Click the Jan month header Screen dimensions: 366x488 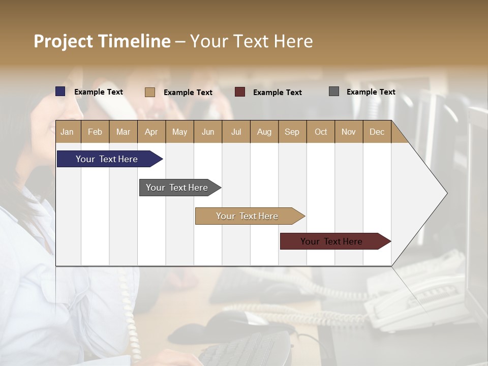[x=67, y=132]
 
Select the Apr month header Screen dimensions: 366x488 [x=151, y=132]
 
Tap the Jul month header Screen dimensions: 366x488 [x=236, y=132]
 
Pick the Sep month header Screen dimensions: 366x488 [x=292, y=132]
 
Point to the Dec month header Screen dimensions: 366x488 [x=377, y=132]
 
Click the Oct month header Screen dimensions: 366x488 [x=321, y=132]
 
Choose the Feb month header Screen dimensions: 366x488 [x=95, y=132]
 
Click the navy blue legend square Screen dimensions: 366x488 [x=60, y=91]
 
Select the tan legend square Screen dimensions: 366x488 [x=150, y=92]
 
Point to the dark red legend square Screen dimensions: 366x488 [x=240, y=92]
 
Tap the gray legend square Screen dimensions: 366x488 [x=334, y=91]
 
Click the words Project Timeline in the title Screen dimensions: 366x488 [x=102, y=41]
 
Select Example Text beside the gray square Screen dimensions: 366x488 [x=371, y=92]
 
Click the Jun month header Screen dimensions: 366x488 [x=207, y=132]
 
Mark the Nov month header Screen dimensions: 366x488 [x=348, y=132]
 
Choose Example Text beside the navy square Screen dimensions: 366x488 [x=99, y=92]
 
